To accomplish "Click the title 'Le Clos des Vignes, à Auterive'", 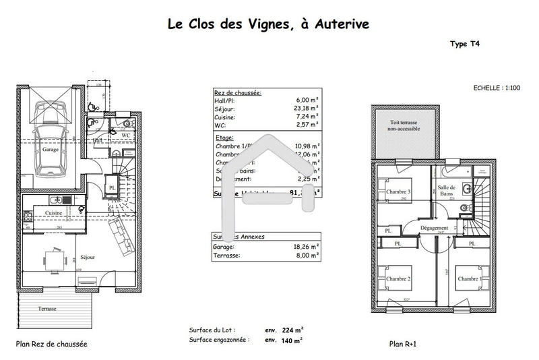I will click(267, 24).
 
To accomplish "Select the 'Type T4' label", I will click(464, 44).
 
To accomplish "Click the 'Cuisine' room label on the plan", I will click(54, 213).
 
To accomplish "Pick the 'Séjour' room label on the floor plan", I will click(87, 258).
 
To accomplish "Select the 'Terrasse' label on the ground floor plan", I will click(47, 309).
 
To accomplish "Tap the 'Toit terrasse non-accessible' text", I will click(404, 126).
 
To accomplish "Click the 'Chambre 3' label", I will click(399, 191).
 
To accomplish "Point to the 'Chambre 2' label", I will click(399, 278).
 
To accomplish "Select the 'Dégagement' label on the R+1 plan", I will click(435, 229).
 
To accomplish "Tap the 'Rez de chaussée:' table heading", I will click(237, 92).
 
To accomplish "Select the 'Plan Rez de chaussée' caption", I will click(52, 344).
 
